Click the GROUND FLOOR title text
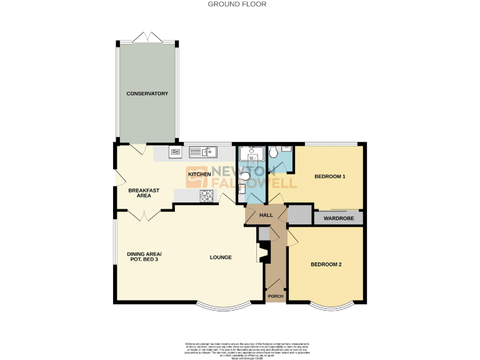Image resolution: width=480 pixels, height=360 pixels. [x=237, y=4]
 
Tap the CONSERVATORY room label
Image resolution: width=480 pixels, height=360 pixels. [x=147, y=94]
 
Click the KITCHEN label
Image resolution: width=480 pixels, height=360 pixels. [x=199, y=174]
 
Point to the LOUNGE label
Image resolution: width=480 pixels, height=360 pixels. [x=221, y=257]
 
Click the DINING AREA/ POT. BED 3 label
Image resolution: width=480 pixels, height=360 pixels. [x=144, y=257]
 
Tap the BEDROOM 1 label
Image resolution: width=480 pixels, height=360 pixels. [x=329, y=177]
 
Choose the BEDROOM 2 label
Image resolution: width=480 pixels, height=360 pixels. [x=326, y=264]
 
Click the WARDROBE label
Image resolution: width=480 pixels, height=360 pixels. [x=339, y=218]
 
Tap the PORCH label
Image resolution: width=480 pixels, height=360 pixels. [x=275, y=296]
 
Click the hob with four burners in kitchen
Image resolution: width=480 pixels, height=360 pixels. [x=207, y=196]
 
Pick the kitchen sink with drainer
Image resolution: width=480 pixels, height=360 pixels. [x=202, y=151]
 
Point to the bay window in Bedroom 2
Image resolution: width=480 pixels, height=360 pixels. [x=332, y=306]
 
